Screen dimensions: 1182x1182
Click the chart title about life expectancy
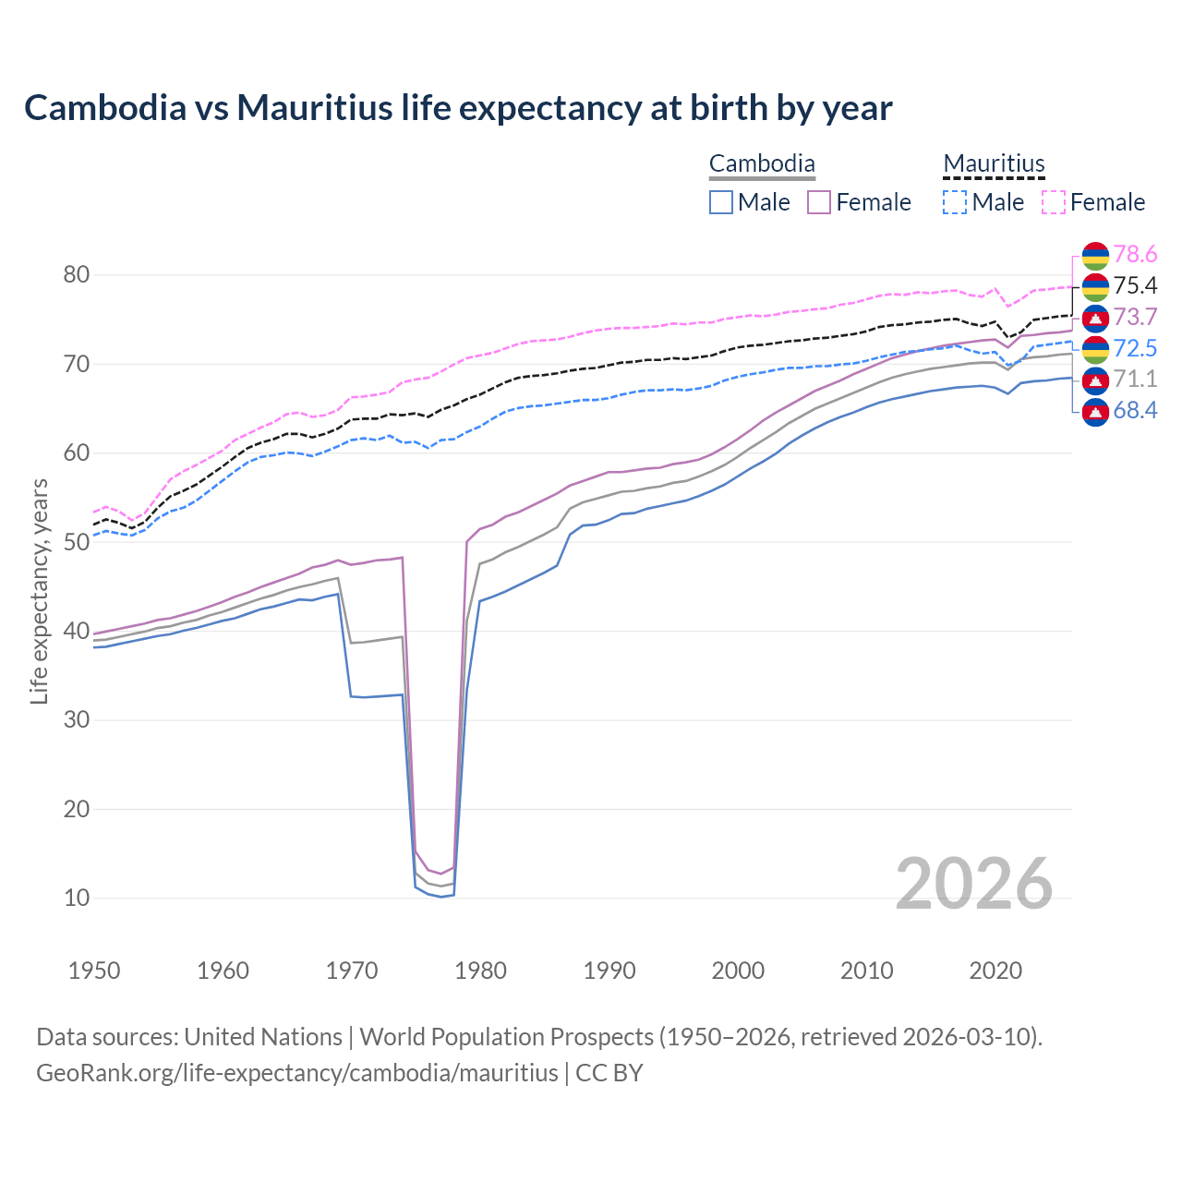(x=458, y=108)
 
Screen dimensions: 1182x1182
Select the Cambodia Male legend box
(x=721, y=202)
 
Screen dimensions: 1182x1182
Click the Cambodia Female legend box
(x=819, y=202)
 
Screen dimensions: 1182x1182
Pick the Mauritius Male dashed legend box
(x=955, y=202)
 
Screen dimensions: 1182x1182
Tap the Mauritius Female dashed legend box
(x=1054, y=202)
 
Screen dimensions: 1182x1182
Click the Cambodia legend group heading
(x=762, y=164)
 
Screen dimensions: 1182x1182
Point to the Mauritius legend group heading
(x=994, y=164)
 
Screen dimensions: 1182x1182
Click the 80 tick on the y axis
(x=77, y=274)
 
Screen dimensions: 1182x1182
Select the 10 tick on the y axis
(x=77, y=898)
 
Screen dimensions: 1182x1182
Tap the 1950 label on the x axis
(x=94, y=971)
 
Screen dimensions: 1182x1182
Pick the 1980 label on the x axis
(x=480, y=971)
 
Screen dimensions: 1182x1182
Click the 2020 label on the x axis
(x=995, y=971)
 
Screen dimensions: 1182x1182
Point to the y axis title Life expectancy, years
(x=39, y=591)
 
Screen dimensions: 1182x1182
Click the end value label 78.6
(x=1135, y=254)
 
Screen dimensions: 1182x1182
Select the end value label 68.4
(x=1135, y=411)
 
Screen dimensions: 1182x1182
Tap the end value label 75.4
(x=1135, y=285)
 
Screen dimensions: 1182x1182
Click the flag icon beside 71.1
(x=1095, y=380)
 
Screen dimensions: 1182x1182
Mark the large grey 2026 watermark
(x=974, y=884)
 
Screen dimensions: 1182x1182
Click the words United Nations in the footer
(x=263, y=1037)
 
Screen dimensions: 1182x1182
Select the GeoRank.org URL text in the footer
(x=296, y=1073)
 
